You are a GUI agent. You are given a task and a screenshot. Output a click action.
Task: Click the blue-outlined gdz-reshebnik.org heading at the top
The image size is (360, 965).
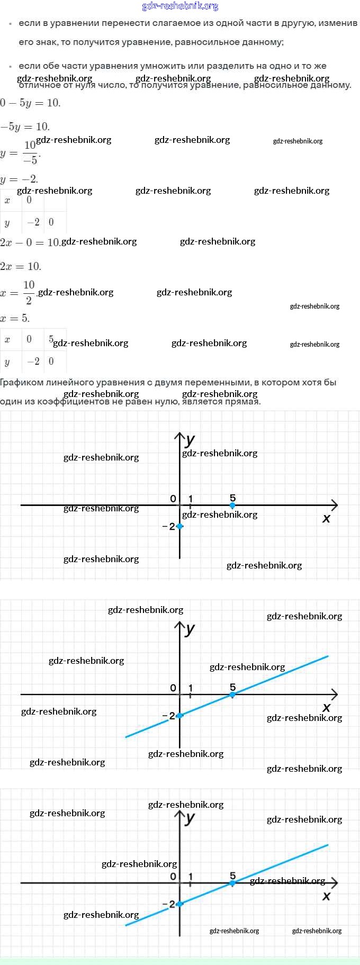click(x=180, y=6)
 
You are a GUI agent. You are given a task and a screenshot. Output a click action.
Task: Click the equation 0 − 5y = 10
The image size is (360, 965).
click(x=31, y=103)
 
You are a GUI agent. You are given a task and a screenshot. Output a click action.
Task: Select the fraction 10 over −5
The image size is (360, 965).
click(x=30, y=152)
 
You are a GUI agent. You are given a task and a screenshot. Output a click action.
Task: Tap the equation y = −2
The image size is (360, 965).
click(x=20, y=179)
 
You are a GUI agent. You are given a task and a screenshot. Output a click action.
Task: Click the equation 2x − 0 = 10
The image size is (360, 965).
click(x=30, y=242)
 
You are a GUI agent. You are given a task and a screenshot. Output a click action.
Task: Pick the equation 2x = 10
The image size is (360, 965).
click(x=21, y=266)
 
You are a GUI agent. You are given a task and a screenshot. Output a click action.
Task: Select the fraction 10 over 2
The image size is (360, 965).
click(x=29, y=292)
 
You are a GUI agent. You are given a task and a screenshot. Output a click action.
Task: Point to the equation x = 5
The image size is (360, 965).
click(x=15, y=318)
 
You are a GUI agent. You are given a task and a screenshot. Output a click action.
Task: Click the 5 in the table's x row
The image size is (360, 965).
click(x=51, y=339)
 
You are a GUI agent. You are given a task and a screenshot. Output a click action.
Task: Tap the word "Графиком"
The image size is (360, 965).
click(x=22, y=382)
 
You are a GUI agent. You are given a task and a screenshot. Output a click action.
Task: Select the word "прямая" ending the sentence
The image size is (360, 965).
click(x=243, y=401)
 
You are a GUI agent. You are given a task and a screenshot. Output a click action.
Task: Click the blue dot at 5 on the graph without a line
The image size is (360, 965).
click(x=232, y=506)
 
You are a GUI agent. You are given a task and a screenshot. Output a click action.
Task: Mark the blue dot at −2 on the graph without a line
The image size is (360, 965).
click(x=180, y=526)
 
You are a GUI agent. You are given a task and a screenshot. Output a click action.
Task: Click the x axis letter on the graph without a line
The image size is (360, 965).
click(x=326, y=519)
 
